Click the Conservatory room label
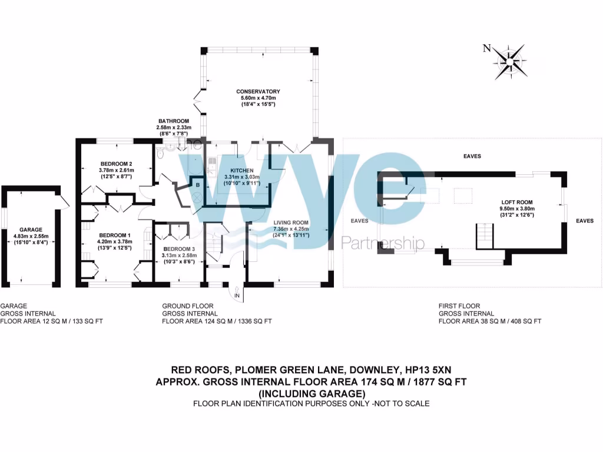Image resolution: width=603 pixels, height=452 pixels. pos(257,91)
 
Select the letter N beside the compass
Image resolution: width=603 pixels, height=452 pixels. pos(486,49)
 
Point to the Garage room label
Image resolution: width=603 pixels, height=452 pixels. pos(30,230)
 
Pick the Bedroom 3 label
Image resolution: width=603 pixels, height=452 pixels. pos(183,249)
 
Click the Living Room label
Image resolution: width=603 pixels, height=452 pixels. pos(291,222)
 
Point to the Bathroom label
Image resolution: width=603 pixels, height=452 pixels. pos(173,121)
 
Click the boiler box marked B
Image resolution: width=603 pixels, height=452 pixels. pos(198,184)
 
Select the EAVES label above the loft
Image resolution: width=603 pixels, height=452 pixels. pos(472,157)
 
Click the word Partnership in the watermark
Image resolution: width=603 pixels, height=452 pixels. pos(383,242)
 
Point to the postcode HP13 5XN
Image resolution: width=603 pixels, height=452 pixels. pos(407,371)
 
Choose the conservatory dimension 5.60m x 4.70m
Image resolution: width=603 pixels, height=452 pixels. pos(257,98)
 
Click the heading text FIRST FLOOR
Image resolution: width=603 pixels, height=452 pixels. pos(459,306)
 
